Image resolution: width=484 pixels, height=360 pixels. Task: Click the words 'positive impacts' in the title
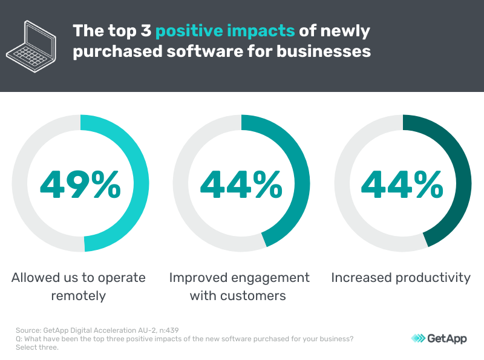pos(226,31)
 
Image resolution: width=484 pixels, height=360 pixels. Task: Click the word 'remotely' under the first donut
pos(79,296)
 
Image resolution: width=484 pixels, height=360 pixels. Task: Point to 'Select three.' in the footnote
pos(36,347)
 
